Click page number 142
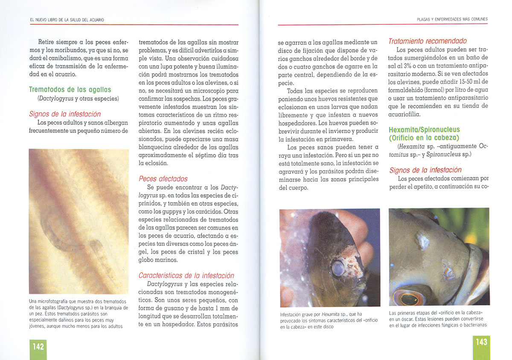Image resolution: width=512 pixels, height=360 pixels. click(x=38, y=347)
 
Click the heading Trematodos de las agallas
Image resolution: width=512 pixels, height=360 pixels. click(x=70, y=90)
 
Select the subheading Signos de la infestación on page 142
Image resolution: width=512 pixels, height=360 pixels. click(x=65, y=114)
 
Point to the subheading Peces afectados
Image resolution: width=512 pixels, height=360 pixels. click(x=163, y=179)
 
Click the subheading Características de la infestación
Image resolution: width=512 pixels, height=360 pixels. click(x=186, y=275)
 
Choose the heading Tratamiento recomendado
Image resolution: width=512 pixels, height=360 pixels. click(x=428, y=41)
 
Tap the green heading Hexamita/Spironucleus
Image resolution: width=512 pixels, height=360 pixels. click(x=424, y=130)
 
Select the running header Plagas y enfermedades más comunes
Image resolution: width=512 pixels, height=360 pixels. click(x=452, y=19)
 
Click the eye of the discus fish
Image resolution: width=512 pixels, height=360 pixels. click(x=338, y=268)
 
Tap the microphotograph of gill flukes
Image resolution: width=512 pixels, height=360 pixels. click(x=79, y=221)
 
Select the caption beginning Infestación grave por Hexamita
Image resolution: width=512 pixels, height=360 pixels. click(x=329, y=320)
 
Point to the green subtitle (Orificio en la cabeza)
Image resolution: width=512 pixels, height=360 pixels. click(x=424, y=138)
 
